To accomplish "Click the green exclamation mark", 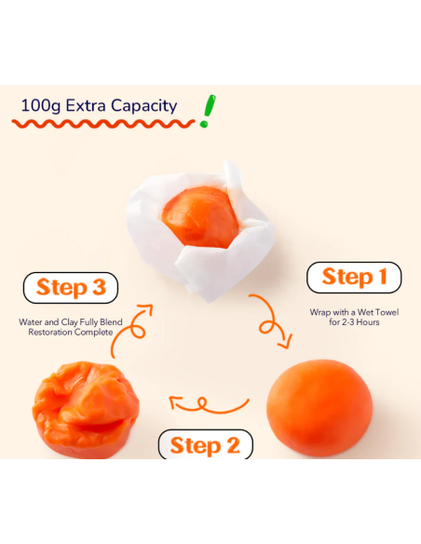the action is pos(208,111).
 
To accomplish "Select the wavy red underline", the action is pos(103,124).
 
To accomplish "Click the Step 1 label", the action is pos(354,278).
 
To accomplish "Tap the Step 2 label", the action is pos(205,445).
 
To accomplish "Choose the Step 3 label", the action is pos(71,288).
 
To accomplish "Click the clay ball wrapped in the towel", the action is pos(200,217).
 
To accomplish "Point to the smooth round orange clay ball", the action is pos(319,408).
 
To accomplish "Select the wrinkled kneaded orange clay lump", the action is pos(86,410).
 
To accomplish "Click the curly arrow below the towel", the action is pos(271,321).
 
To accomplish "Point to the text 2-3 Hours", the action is pos(360,322).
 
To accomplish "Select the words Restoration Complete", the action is pos(71,333).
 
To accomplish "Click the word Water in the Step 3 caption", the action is pos(30,322).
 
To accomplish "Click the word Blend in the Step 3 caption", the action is pos(111,322).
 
